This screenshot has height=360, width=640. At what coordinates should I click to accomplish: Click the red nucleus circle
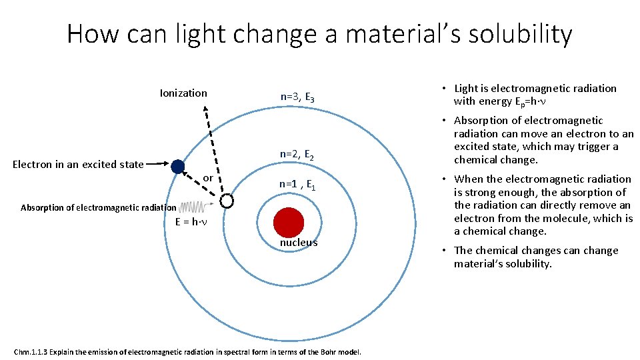pos(289,222)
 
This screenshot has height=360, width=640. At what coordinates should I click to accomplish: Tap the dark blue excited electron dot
pos(177,167)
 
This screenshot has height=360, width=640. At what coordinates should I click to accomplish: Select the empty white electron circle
pos(227,201)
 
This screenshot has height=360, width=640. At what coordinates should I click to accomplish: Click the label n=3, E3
pos(297,97)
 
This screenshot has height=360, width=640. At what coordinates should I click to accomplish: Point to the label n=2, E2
pos(297,155)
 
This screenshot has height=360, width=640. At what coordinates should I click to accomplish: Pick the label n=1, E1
pos(297,185)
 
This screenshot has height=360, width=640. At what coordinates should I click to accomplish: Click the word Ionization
pos(183,93)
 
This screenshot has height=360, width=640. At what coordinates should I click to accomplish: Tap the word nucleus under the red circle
pos(298,243)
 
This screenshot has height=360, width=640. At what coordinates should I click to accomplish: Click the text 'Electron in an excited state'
pos(79,164)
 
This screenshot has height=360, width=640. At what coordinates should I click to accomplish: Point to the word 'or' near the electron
pos(207,178)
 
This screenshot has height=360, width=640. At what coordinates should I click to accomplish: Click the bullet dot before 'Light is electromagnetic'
pos(444,89)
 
